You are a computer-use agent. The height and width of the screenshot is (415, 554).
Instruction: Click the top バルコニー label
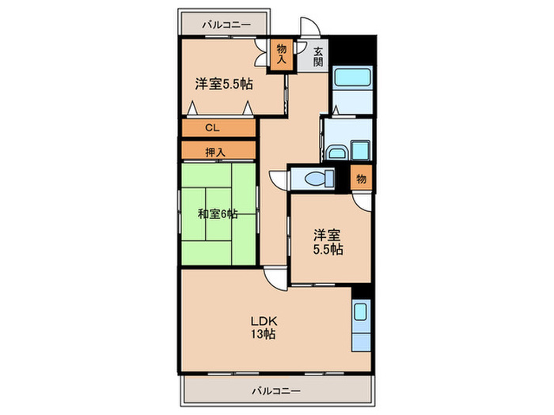226,25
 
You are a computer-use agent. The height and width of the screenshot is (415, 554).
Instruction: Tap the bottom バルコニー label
276,390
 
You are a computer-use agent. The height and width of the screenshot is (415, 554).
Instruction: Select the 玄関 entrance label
318,57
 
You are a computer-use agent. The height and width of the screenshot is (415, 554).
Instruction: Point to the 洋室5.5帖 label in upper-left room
225,84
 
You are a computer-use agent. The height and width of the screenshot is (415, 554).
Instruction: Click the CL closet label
211,127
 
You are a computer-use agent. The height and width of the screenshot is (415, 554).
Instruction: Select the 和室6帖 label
218,213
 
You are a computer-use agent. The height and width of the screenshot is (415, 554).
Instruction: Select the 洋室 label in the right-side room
326,235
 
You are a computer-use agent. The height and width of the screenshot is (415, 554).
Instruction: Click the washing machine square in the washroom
361,149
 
